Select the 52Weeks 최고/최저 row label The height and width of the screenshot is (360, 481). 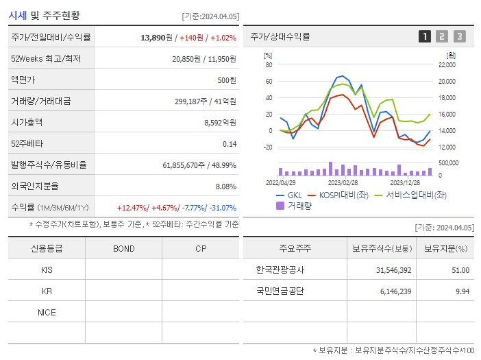[46, 59]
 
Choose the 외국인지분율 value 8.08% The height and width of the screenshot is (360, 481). [225, 187]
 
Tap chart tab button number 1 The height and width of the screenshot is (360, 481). [425, 37]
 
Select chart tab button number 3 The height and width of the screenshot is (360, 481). [459, 37]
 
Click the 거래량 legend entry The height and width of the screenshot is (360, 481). [297, 205]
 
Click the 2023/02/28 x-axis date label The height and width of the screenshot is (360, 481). [343, 182]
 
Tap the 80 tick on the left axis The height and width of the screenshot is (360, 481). [269, 65]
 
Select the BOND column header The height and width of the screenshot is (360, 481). [123, 248]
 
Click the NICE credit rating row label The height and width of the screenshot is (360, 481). [47, 312]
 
